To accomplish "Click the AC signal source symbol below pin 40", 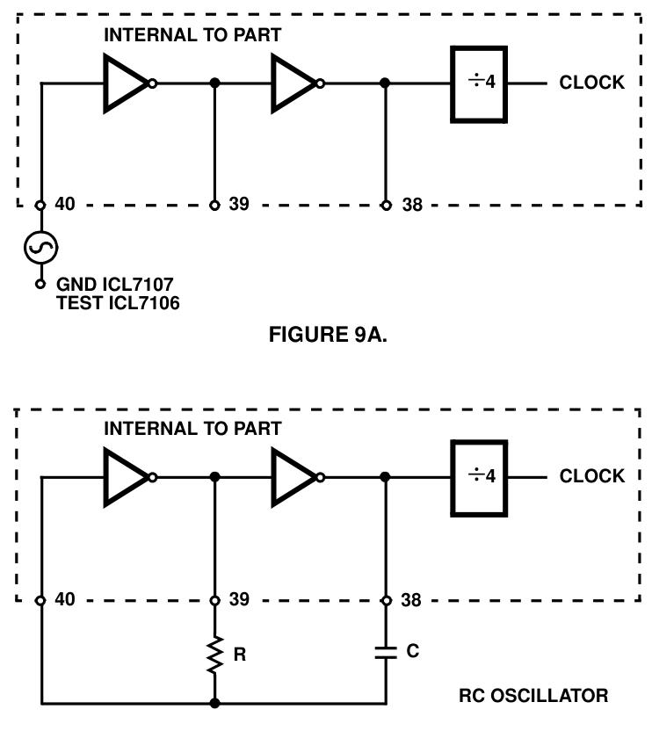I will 40,249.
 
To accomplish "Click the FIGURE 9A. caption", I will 328,335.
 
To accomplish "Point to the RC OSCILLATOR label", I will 533,696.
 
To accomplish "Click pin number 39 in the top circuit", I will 237,204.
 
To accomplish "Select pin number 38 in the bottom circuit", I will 410,600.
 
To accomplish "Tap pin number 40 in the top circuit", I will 64,204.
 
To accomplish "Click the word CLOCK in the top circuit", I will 591,83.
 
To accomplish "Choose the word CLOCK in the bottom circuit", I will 591,476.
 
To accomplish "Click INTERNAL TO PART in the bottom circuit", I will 192,429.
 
